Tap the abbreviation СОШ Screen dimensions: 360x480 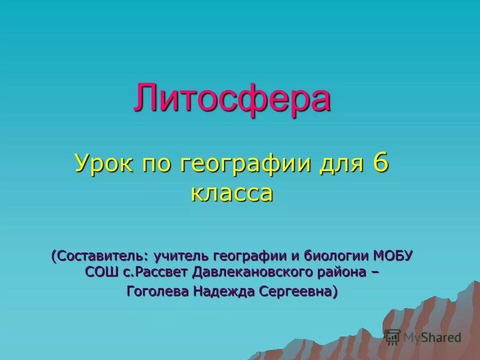[x=99, y=273]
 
